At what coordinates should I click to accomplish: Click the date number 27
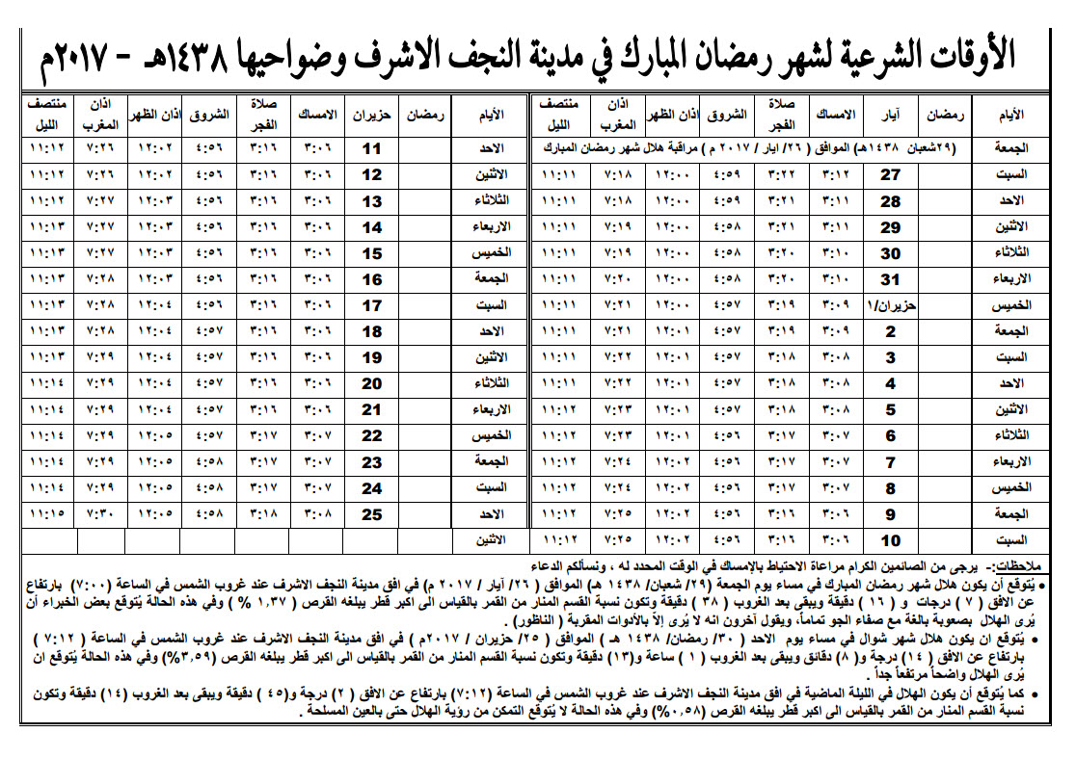pyautogui.click(x=891, y=175)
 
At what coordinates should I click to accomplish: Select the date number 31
pyautogui.click(x=891, y=280)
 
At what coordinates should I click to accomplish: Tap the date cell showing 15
pyautogui.click(x=372, y=253)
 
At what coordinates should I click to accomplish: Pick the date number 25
pyautogui.click(x=372, y=514)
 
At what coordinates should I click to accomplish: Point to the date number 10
pyautogui.click(x=891, y=540)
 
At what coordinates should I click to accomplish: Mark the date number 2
pyautogui.click(x=891, y=332)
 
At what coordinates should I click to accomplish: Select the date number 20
pyautogui.click(x=372, y=383)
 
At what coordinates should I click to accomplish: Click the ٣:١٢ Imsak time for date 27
pyautogui.click(x=835, y=175)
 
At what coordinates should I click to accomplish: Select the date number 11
pyautogui.click(x=372, y=149)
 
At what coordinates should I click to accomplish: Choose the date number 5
pyautogui.click(x=891, y=410)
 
